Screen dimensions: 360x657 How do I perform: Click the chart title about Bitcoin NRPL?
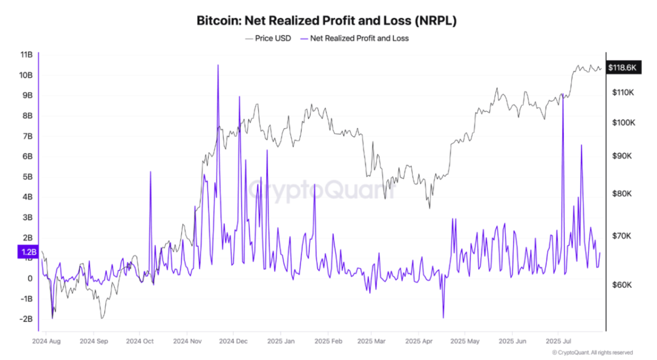tap(327, 21)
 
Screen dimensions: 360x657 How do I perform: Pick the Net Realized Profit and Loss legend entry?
tap(353, 38)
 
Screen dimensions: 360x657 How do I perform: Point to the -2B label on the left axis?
tap(27, 319)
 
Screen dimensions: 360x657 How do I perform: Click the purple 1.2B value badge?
tap(28, 251)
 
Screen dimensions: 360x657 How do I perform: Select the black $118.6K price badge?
tap(623, 68)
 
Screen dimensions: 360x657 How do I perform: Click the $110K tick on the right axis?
tap(623, 92)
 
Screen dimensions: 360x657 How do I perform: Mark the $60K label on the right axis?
tap(622, 285)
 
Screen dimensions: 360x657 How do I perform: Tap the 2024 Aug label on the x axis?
tap(46, 340)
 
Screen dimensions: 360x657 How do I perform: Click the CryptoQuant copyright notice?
tap(592, 353)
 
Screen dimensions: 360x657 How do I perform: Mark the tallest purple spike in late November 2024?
tap(218, 65)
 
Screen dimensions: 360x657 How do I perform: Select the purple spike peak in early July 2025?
tap(563, 94)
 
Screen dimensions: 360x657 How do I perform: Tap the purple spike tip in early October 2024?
tap(150, 171)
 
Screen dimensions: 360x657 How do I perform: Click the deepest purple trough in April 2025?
tap(443, 318)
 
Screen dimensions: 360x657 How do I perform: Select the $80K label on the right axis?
tap(622, 193)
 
